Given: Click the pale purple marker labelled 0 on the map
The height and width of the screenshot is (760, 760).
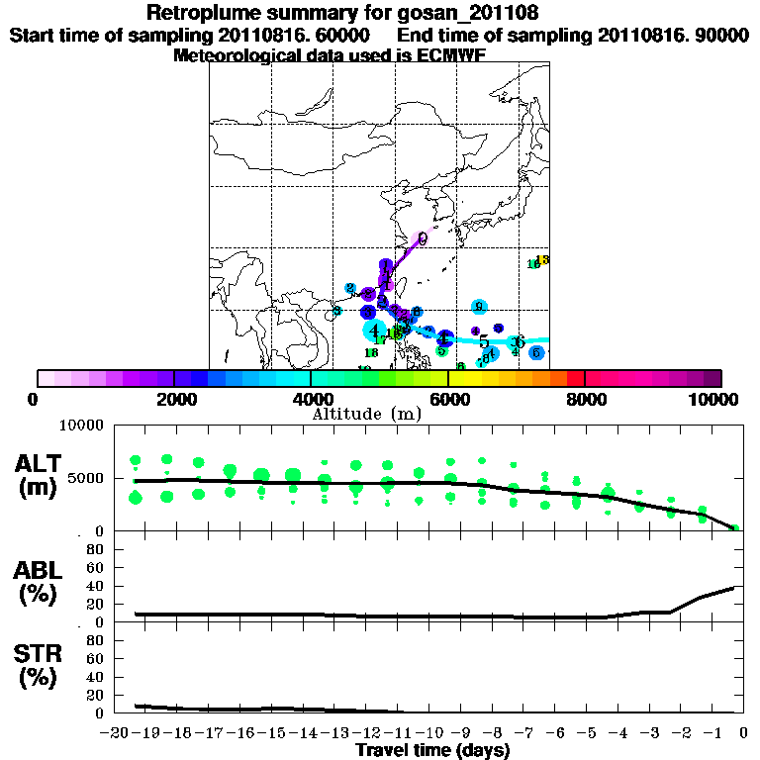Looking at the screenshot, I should (422, 238).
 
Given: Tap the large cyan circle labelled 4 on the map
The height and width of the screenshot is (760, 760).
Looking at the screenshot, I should (375, 331).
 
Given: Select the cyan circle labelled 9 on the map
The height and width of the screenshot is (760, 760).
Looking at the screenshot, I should (479, 307).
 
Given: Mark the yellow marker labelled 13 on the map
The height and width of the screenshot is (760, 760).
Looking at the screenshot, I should (542, 259).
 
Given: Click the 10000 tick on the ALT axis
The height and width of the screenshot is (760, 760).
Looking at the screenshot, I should (83, 426).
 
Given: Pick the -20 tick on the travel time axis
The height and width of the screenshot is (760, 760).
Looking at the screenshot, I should (117, 733).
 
